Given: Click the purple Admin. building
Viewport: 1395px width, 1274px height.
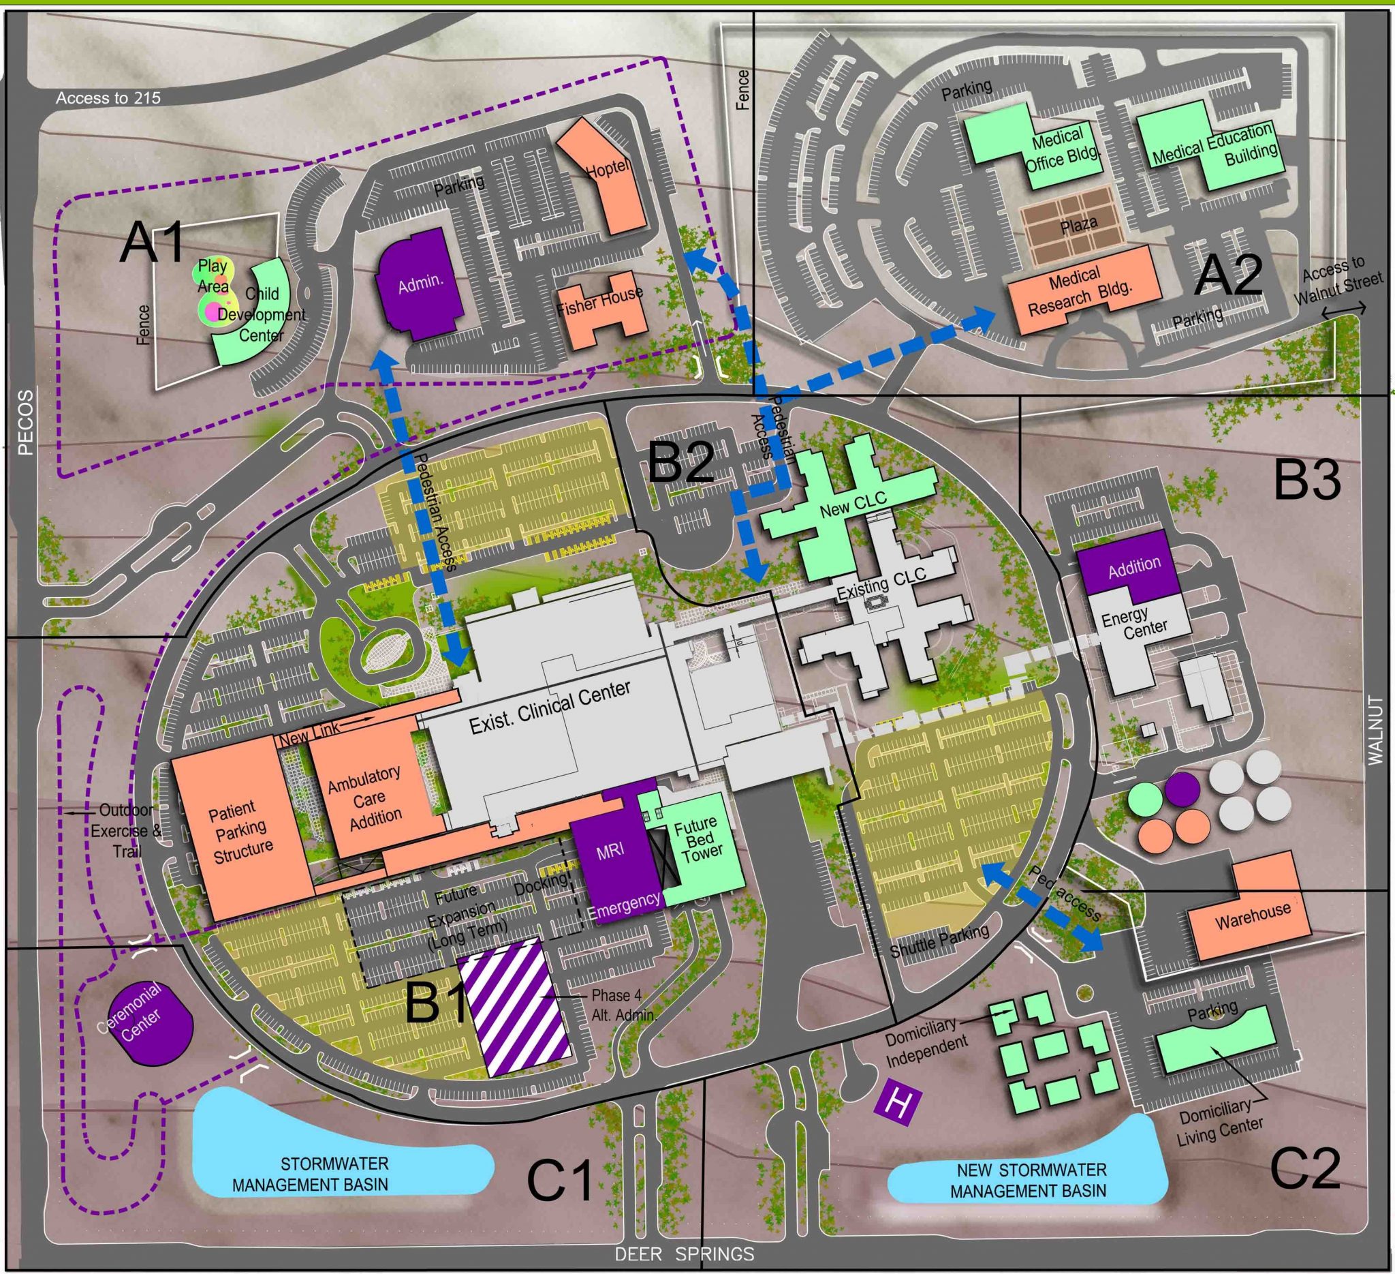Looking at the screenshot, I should (x=420, y=284).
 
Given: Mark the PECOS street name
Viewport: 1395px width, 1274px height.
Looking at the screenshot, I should (x=25, y=422).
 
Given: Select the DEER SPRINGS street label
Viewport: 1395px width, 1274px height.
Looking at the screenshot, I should (x=684, y=1254).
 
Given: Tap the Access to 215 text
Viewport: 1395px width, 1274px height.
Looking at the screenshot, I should (x=108, y=98).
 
